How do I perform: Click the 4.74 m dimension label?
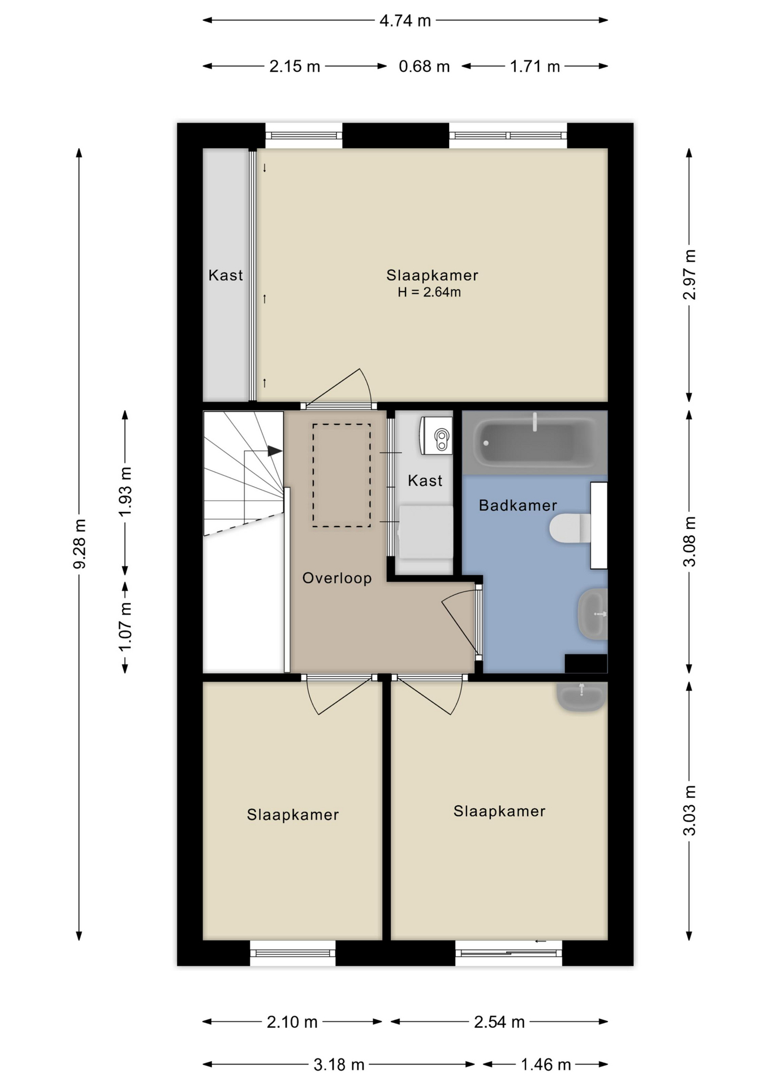pyautogui.click(x=405, y=21)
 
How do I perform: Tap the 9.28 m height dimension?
pyautogui.click(x=80, y=544)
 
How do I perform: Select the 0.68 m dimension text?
pyautogui.click(x=424, y=67)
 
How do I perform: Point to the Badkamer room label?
pyautogui.click(x=518, y=505)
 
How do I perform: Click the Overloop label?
pyautogui.click(x=337, y=578)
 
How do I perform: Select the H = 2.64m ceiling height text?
pyautogui.click(x=429, y=292)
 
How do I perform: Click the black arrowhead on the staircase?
pyautogui.click(x=275, y=451)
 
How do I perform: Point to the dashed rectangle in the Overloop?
pyautogui.click(x=342, y=476)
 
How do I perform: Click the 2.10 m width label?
pyautogui.click(x=292, y=1022)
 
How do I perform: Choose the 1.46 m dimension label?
pyautogui.click(x=545, y=1065)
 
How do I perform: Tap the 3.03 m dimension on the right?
pyautogui.click(x=689, y=810)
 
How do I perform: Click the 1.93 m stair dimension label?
pyautogui.click(x=125, y=491)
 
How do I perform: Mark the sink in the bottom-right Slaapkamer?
pyautogui.click(x=581, y=696)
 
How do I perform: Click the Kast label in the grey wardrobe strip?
pyautogui.click(x=226, y=275)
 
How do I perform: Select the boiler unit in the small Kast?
pyautogui.click(x=435, y=436)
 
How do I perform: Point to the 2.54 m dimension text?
pyautogui.click(x=499, y=1022)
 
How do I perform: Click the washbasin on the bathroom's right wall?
pyautogui.click(x=592, y=614)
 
